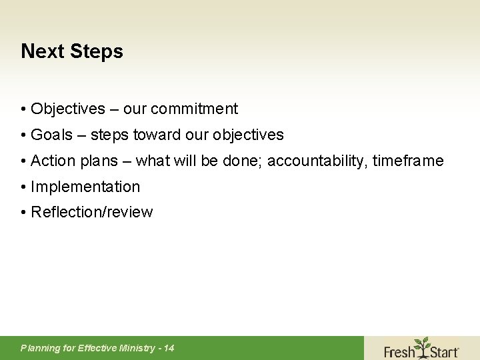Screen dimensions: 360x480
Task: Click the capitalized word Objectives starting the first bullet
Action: coord(68,109)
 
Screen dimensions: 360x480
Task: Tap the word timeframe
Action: coord(408,161)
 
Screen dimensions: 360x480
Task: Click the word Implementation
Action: coord(85,187)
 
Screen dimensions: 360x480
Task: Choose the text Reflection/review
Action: coord(92,213)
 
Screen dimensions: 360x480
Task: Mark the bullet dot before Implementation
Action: coord(23,187)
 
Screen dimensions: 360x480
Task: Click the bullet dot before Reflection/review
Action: coord(23,213)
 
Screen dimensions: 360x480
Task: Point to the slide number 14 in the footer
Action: coord(169,348)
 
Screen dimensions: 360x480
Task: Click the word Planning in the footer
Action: coord(39,348)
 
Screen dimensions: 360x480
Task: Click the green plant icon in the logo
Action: coord(421,344)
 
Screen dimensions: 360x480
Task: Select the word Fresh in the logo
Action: coord(399,351)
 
